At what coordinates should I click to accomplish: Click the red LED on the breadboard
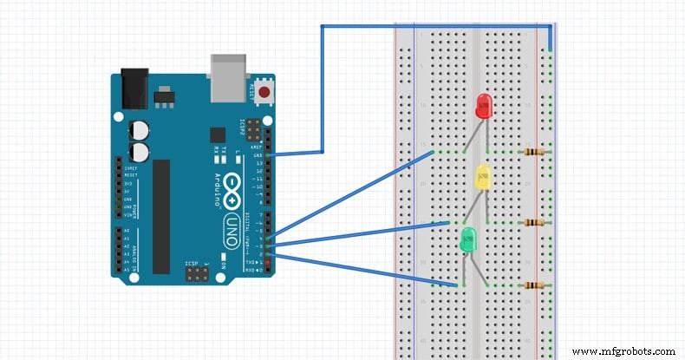(483, 107)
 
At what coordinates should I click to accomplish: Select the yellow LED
(483, 178)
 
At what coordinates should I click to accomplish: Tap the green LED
(468, 239)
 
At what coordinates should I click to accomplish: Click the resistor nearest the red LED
(536, 152)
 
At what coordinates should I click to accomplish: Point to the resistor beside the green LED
(536, 285)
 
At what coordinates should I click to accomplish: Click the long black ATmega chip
(161, 212)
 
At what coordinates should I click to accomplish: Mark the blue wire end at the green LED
(456, 284)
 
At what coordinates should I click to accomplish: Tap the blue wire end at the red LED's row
(433, 153)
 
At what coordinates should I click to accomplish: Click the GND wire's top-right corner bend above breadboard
(550, 27)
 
